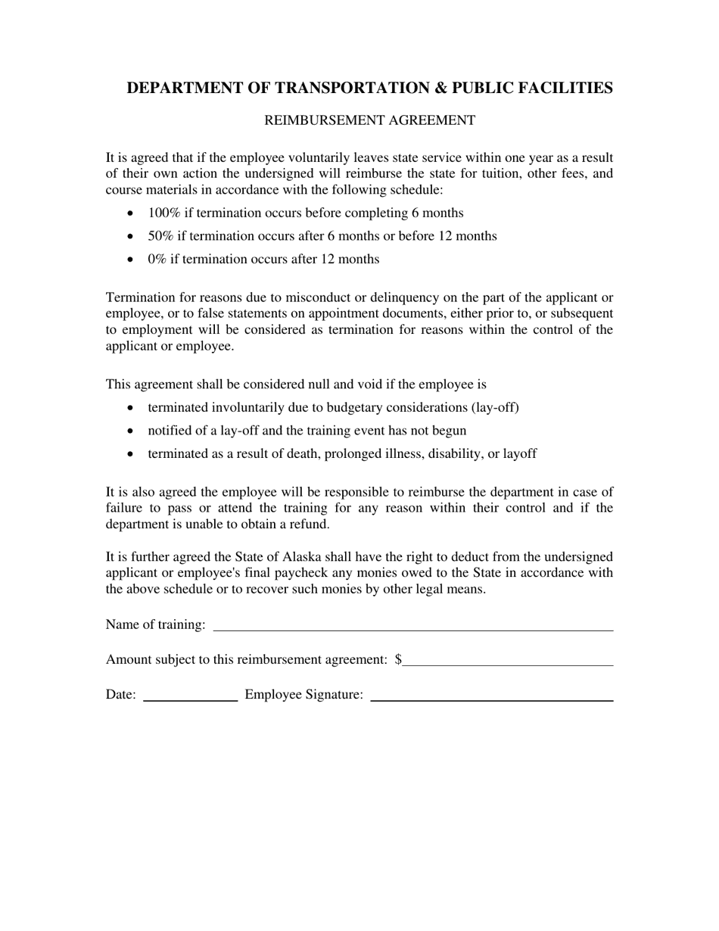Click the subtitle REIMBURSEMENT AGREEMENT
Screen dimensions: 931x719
tap(369, 120)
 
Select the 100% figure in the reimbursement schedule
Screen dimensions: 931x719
tap(164, 213)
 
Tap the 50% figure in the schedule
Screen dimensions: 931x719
tap(161, 236)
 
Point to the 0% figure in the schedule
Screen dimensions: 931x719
tap(157, 260)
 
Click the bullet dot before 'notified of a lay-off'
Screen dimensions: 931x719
tap(132, 431)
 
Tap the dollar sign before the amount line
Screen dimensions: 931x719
tap(398, 659)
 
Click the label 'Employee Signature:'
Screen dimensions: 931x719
tap(303, 695)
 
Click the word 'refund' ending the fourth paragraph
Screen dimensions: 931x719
tap(309, 524)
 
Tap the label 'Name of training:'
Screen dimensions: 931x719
tap(155, 624)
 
